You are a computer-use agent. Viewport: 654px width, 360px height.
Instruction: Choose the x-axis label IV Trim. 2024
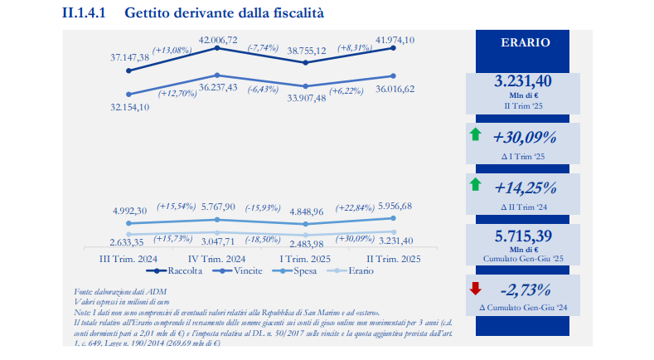(x=216, y=258)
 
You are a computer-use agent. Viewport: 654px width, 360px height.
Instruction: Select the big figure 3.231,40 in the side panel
(x=523, y=81)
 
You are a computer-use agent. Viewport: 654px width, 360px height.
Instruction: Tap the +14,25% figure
(x=525, y=187)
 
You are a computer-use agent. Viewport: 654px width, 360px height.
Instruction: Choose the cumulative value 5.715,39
(x=523, y=236)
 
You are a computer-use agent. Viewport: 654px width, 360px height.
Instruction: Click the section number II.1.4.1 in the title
(x=86, y=13)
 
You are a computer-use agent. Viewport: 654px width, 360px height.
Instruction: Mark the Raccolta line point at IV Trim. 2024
(x=216, y=50)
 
